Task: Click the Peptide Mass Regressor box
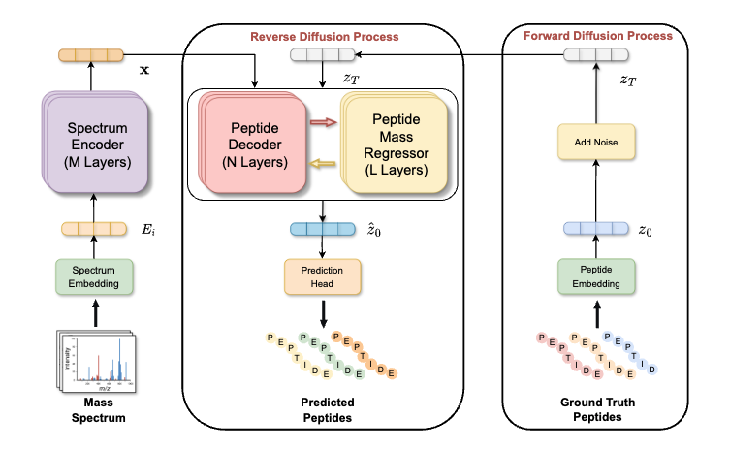pyautogui.click(x=394, y=145)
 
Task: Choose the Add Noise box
pyautogui.click(x=596, y=144)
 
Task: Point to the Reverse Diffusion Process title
pyautogui.click(x=325, y=37)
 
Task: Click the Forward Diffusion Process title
pyautogui.click(x=597, y=36)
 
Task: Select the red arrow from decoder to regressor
pyautogui.click(x=324, y=123)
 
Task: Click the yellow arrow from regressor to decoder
pyautogui.click(x=324, y=166)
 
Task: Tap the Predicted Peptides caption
pyautogui.click(x=325, y=408)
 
